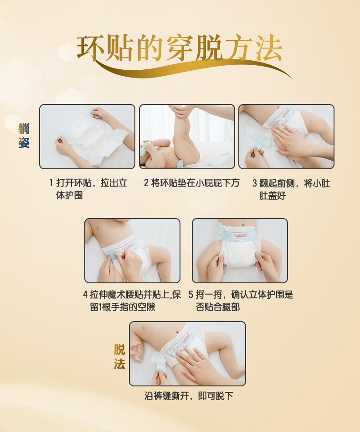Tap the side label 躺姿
24,135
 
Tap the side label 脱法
119,357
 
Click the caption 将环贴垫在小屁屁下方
191,183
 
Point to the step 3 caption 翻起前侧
291,189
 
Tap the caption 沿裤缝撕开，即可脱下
189,396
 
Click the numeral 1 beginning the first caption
51,183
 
